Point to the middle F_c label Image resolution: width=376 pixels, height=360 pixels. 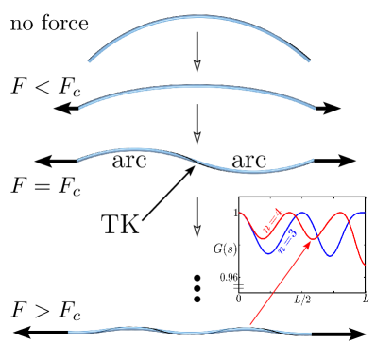pos(72,183)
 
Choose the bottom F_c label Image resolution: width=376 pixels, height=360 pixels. pos(72,309)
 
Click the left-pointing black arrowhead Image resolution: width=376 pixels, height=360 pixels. pos(64,110)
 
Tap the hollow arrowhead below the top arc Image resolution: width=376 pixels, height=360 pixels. pos(197,65)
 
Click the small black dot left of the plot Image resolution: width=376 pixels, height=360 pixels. pos(196,300)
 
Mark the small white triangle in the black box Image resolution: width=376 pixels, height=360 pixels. pos(197,230)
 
